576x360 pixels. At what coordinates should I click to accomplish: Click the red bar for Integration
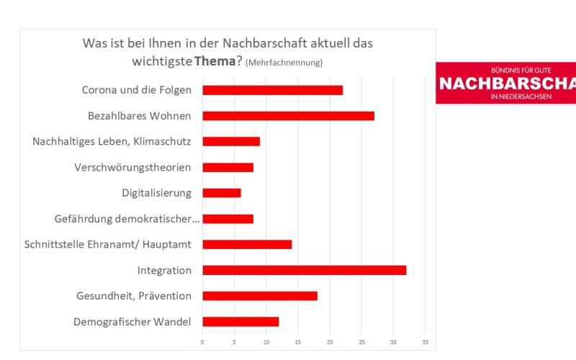(304, 270)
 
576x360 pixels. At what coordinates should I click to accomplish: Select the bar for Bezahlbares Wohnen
(288, 116)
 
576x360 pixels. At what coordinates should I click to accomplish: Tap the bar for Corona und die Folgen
(272, 90)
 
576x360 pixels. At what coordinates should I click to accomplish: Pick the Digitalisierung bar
(222, 193)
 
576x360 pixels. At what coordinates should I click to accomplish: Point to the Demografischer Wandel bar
(240, 321)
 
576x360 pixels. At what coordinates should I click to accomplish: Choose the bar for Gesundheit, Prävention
(260, 296)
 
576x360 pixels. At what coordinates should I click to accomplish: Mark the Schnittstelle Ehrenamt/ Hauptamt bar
(247, 244)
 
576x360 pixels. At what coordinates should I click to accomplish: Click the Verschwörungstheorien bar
(228, 167)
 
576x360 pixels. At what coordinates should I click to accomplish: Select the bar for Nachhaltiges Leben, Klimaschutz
(231, 141)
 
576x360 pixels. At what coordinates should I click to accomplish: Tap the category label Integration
(164, 271)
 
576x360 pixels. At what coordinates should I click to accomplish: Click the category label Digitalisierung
(156, 193)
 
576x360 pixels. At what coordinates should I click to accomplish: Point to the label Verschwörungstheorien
(132, 168)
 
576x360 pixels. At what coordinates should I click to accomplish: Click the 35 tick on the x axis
(425, 341)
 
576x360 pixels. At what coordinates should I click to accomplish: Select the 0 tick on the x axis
(202, 341)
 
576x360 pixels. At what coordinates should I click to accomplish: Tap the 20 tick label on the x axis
(330, 341)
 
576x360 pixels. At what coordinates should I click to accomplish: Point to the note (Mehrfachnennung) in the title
(284, 63)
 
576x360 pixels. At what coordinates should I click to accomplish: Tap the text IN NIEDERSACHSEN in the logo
(521, 96)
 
